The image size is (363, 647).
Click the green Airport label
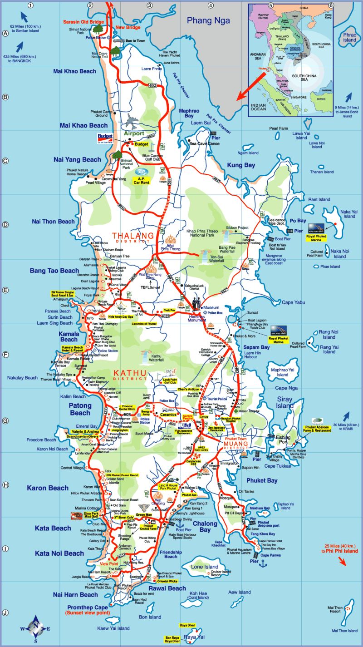coord(134,134)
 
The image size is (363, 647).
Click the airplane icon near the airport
coord(132,120)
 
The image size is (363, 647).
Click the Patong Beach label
coord(80,409)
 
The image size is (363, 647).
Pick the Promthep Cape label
coord(87,607)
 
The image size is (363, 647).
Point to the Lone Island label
coord(205,567)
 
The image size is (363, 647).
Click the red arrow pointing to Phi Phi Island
coord(343,560)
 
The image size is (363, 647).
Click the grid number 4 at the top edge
coord(211,5)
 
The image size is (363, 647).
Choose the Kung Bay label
coord(241,165)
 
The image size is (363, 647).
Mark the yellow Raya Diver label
coord(187,625)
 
